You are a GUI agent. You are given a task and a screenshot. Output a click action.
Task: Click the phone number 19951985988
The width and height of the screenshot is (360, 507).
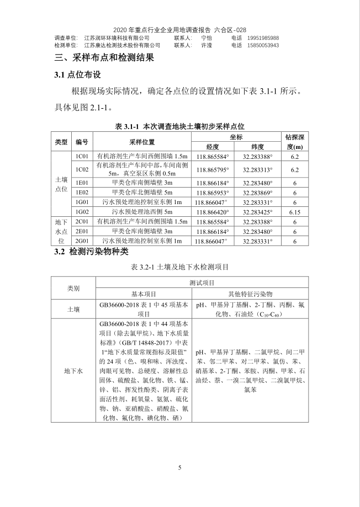pyautogui.click(x=263, y=38)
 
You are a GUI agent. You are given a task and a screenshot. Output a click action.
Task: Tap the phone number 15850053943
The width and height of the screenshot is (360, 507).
pyautogui.click(x=263, y=45)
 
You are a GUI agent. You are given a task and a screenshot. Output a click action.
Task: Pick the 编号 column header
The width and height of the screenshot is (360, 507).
pyautogui.click(x=82, y=142)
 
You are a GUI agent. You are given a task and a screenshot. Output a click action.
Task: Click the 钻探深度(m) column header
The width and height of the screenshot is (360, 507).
pyautogui.click(x=295, y=142)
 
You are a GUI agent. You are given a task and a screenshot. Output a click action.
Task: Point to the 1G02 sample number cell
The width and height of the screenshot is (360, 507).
pyautogui.click(x=82, y=212)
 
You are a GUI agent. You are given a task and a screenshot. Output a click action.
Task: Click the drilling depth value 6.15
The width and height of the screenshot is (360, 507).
pyautogui.click(x=295, y=212)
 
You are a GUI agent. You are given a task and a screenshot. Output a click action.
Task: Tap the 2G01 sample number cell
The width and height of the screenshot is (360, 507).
pyautogui.click(x=82, y=241)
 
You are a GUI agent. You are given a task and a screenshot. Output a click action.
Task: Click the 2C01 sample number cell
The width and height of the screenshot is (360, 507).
pyautogui.click(x=82, y=222)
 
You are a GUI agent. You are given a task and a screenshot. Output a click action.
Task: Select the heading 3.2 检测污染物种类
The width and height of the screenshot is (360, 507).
pyautogui.click(x=91, y=252)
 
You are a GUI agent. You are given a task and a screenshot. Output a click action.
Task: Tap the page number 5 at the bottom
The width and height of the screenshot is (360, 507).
pyautogui.click(x=179, y=468)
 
